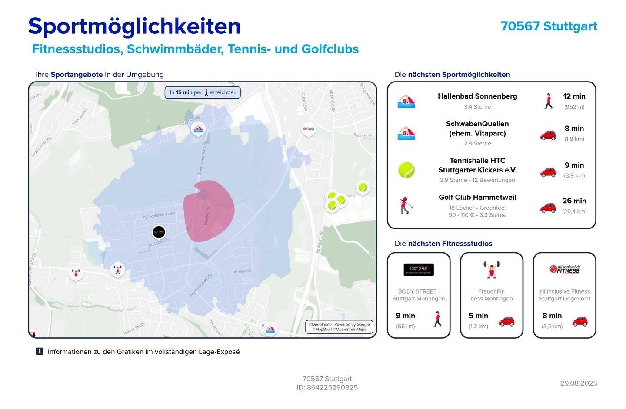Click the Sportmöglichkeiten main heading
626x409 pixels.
tap(134, 26)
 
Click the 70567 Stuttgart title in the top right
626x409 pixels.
tap(549, 26)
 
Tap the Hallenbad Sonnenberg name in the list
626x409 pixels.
tap(477, 96)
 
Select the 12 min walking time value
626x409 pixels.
tap(574, 96)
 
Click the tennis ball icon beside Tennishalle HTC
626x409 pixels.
tap(406, 170)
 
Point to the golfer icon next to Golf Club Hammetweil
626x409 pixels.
tap(406, 205)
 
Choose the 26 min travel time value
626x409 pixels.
tap(574, 201)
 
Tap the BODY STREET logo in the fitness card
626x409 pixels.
tap(418, 270)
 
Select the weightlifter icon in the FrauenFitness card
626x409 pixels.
tap(491, 269)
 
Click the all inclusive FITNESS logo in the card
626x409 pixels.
tap(564, 270)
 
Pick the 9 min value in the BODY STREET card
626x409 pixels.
tap(405, 316)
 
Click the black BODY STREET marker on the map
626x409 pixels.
tap(159, 232)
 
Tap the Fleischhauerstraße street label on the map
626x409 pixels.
tap(159, 214)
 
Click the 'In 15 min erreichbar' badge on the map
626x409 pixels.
tap(203, 92)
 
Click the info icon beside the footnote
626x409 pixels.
tap(39, 352)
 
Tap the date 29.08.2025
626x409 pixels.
tap(578, 383)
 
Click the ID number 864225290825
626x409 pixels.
tap(332, 387)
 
